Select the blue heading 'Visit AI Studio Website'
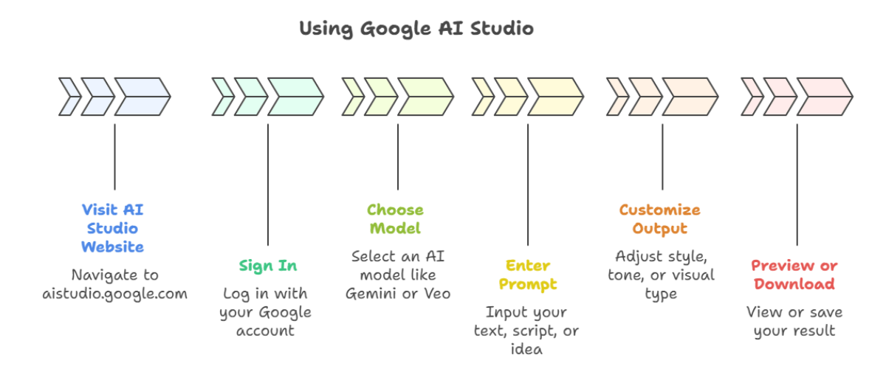[x=112, y=227]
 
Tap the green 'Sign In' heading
[x=267, y=266]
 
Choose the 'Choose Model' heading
[x=395, y=219]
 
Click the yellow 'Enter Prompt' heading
[x=527, y=275]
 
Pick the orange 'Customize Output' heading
[x=659, y=219]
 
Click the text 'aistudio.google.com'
[x=114, y=294]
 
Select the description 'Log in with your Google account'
[x=267, y=311]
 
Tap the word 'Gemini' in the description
[x=369, y=294]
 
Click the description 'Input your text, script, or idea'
[x=526, y=330]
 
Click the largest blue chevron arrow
[x=142, y=97]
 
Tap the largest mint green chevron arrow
[x=295, y=97]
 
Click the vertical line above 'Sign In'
[x=267, y=184]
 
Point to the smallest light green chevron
[x=354, y=97]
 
